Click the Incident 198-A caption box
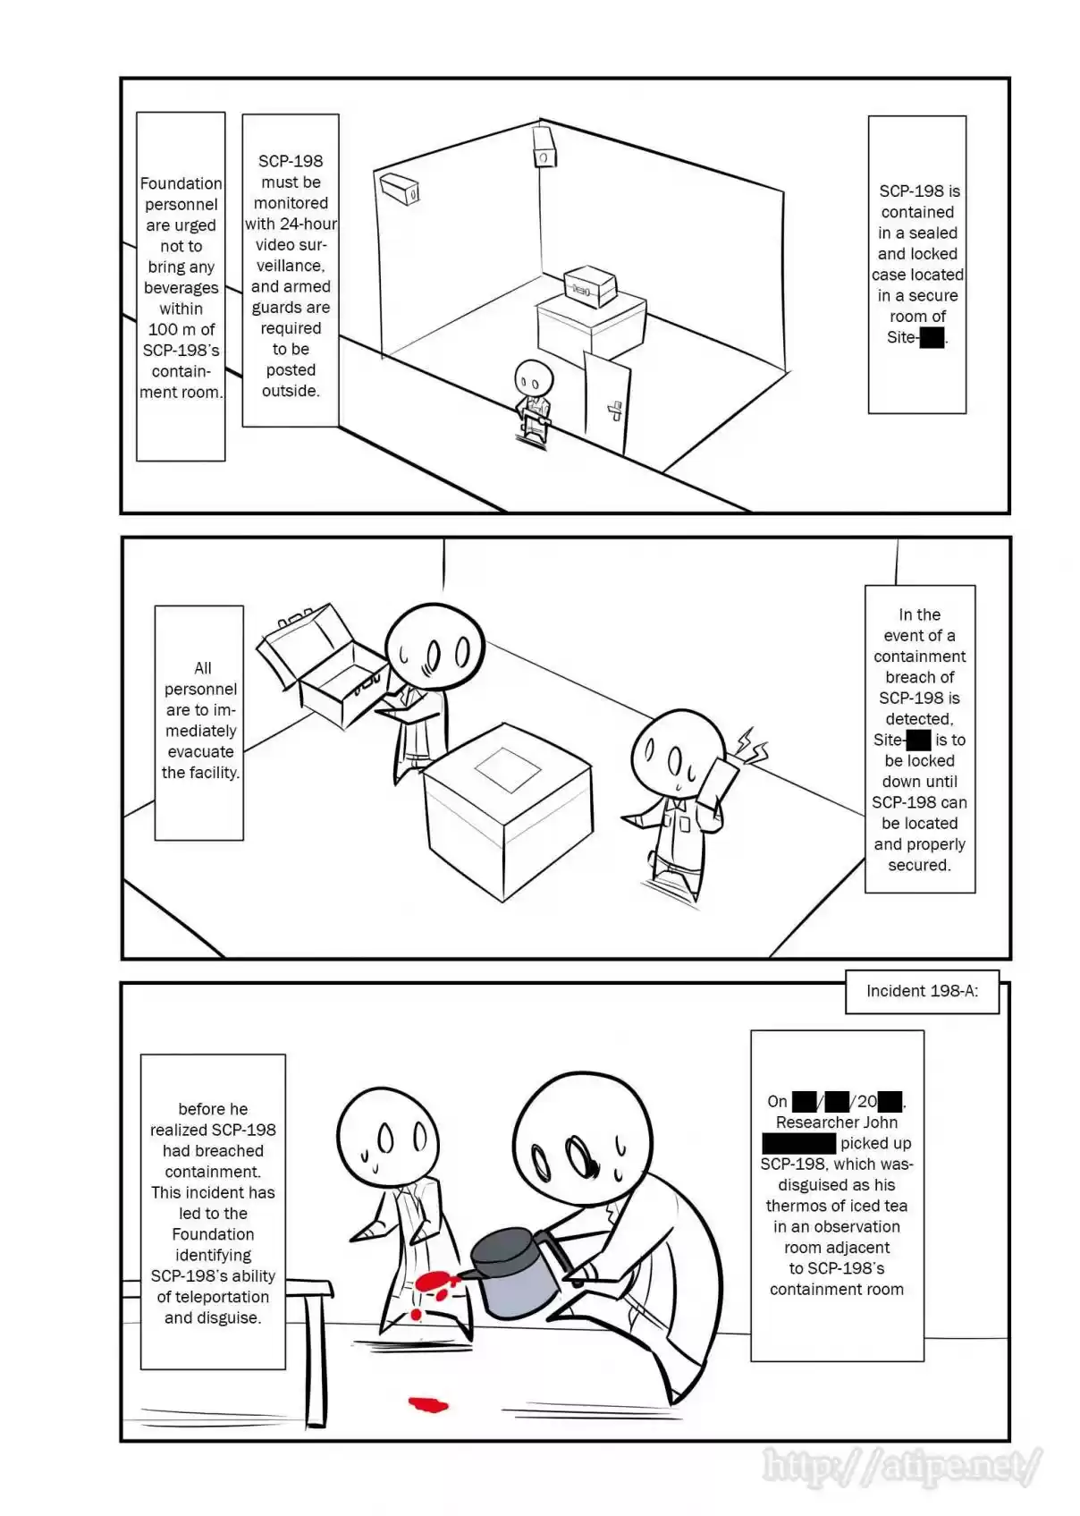pos(922,991)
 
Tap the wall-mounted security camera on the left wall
pos(400,188)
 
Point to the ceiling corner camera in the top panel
pos(544,148)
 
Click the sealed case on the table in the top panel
pos(590,285)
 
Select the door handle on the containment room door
pos(615,411)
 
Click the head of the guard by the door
pos(534,377)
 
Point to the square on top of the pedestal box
pos(508,769)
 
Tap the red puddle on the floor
pos(428,1404)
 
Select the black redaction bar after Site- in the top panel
pos(932,337)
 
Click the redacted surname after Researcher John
pos(798,1143)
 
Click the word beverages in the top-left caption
pos(181,288)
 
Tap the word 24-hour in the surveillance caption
pos(308,224)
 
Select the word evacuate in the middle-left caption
pos(200,751)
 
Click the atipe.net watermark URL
pos(901,1465)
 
